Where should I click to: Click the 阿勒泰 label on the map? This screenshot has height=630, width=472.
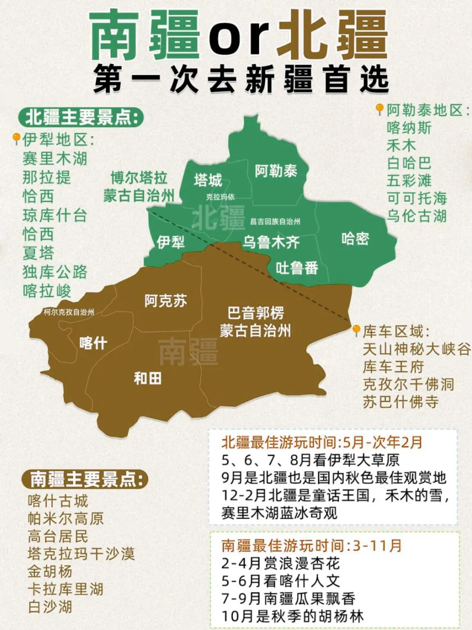(x=276, y=171)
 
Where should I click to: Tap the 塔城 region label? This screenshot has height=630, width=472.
(x=208, y=180)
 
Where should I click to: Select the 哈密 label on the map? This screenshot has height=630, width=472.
(x=355, y=238)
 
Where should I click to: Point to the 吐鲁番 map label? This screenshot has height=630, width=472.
(x=297, y=268)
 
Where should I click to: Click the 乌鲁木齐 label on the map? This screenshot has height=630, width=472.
(x=271, y=242)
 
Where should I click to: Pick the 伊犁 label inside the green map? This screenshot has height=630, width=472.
(x=170, y=242)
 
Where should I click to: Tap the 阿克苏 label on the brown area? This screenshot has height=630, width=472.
(x=166, y=301)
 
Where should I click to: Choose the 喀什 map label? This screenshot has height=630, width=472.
(x=93, y=343)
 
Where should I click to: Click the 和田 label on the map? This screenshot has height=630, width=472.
(x=148, y=378)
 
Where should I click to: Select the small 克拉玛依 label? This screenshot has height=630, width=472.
(x=220, y=197)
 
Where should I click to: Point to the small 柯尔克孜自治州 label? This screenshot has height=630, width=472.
(x=69, y=312)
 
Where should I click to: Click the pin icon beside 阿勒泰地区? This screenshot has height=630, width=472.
(x=380, y=109)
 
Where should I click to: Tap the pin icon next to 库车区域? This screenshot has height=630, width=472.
(x=357, y=330)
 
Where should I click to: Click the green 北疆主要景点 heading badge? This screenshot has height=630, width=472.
(x=81, y=117)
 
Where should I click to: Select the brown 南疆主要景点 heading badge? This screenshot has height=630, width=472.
(x=85, y=479)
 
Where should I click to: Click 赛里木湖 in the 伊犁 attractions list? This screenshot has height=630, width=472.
(x=55, y=158)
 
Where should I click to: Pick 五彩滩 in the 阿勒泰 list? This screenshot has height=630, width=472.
(x=409, y=180)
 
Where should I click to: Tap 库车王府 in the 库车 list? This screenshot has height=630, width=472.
(x=393, y=367)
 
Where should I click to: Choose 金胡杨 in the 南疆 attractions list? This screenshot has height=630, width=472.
(x=50, y=571)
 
